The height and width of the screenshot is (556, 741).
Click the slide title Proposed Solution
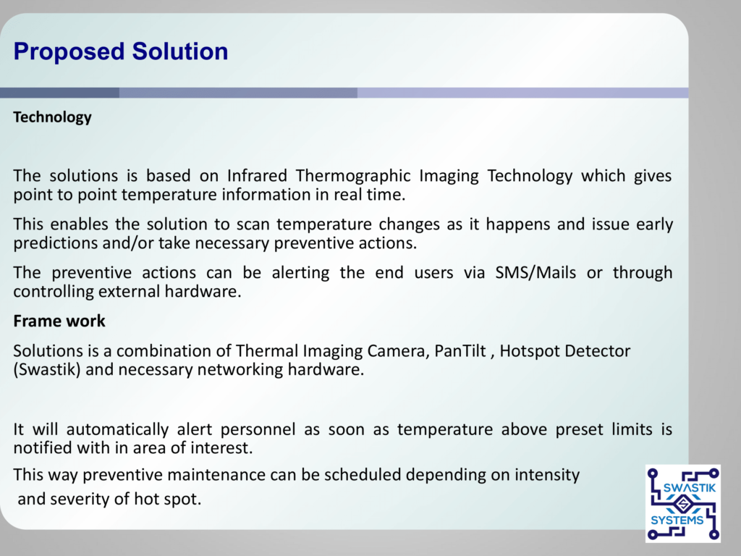(121, 51)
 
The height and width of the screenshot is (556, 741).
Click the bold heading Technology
(52, 117)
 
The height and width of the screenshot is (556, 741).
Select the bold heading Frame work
(59, 321)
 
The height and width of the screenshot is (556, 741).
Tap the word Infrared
(257, 175)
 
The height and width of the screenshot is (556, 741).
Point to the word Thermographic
(353, 177)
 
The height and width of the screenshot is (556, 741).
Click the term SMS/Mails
(535, 273)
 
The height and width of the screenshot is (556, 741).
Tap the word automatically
(117, 430)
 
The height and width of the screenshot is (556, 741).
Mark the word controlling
(54, 292)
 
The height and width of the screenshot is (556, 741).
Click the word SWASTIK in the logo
(689, 487)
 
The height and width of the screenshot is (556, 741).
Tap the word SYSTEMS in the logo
(677, 521)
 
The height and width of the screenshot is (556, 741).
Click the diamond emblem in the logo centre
(682, 504)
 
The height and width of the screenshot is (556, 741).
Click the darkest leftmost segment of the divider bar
(59, 93)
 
